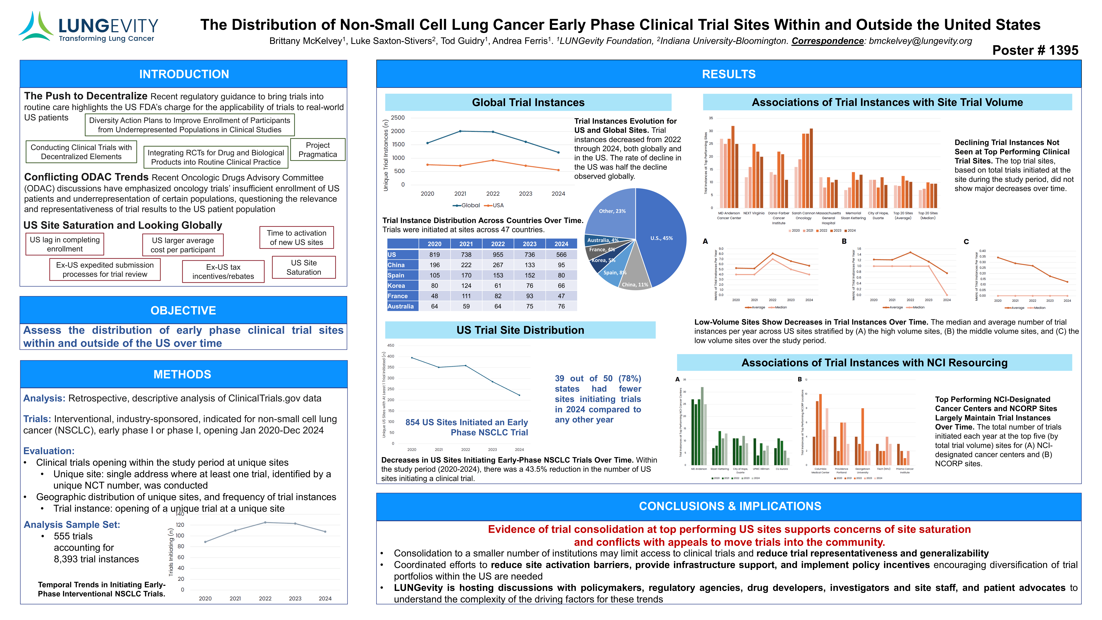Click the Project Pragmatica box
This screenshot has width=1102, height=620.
point(317,150)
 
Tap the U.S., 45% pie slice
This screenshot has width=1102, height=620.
point(661,238)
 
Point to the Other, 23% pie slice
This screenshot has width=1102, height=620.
point(612,211)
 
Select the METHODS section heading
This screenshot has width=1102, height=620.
point(183,374)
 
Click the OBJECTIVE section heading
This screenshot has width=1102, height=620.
point(183,311)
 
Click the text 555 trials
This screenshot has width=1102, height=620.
point(73,536)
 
